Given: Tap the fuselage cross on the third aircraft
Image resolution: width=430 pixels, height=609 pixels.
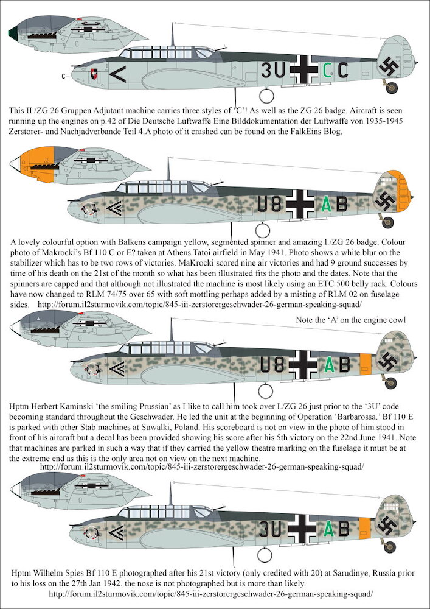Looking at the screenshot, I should point(302,364).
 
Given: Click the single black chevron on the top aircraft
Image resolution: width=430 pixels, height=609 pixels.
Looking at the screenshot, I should point(118,74).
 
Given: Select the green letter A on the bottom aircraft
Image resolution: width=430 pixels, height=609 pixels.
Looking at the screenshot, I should point(328,529).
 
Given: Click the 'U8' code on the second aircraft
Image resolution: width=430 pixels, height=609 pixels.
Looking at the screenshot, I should point(269,205).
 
